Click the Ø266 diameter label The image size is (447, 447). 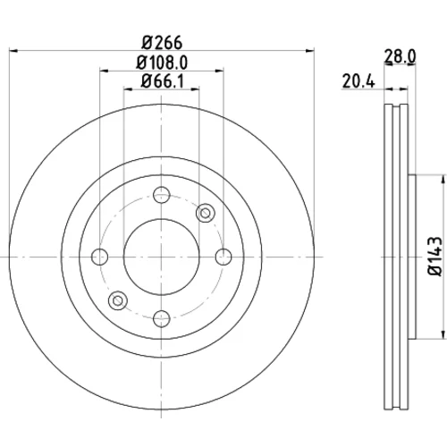tap(162, 43)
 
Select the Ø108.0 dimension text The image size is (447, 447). tap(162, 63)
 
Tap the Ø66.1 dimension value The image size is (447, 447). tap(163, 81)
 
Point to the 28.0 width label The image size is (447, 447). tap(400, 56)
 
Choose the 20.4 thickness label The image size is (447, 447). tap(358, 81)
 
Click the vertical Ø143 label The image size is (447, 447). tap(434, 257)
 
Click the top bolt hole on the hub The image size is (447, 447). tap(162, 195)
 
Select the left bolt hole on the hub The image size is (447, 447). tap(99, 257)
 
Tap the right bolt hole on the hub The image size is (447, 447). tap(223, 257)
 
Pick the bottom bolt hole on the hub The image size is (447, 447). tap(162, 318)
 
